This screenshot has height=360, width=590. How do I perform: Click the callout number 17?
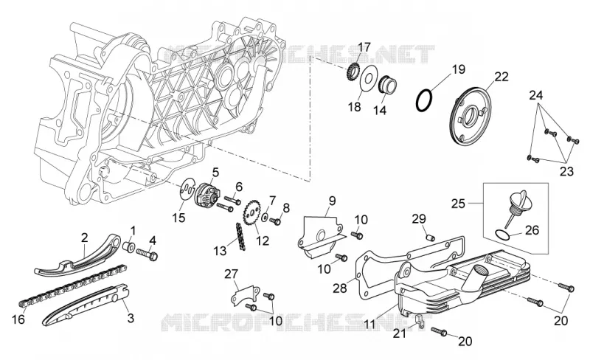tap(364, 47)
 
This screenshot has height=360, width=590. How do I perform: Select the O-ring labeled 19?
tap(423, 100)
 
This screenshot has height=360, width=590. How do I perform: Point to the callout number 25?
tap(458, 204)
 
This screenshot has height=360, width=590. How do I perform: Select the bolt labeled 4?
tap(147, 254)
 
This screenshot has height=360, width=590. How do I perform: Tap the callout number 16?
tap(18, 319)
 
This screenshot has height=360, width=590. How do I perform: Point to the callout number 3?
tap(131, 318)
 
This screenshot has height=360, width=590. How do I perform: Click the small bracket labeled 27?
tap(245, 295)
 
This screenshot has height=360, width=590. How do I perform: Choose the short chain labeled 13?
tap(241, 237)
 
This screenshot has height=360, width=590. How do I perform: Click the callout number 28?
tap(340, 288)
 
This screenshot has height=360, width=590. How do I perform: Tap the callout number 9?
tap(332, 201)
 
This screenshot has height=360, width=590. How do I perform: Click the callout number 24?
tap(536, 95)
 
